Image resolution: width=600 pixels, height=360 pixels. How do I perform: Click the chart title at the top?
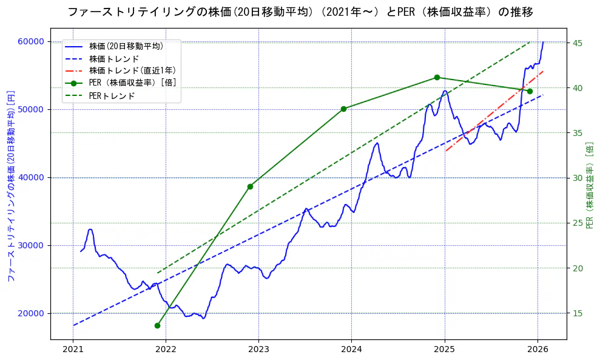pos(300,12)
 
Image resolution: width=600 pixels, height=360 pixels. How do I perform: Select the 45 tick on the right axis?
pos(578,43)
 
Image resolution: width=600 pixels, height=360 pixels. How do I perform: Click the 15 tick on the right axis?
pos(578,313)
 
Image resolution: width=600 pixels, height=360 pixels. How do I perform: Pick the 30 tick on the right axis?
pos(578,178)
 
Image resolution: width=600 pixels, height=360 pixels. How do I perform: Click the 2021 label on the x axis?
pos(73,349)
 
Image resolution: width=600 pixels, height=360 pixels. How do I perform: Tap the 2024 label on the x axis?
pos(351,349)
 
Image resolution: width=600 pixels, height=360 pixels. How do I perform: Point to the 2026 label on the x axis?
pos(538,349)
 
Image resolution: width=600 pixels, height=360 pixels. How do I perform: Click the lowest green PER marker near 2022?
pos(157,325)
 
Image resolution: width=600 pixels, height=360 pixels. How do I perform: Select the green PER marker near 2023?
pos(250,186)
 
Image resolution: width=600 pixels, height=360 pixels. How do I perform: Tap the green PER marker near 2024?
pos(343,109)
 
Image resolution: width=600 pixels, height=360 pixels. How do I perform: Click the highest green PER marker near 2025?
pos(437,78)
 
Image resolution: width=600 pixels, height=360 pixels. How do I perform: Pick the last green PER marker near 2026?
pos(530,91)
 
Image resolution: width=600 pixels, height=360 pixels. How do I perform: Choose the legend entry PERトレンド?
pos(112,96)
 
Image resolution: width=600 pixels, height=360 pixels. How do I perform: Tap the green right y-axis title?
pos(589,185)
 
